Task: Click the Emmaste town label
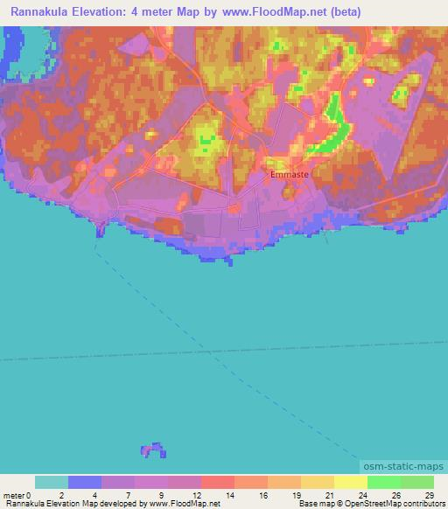click(x=288, y=174)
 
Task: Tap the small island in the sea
click(x=153, y=450)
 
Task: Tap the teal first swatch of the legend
click(x=52, y=482)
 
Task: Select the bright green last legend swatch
click(x=417, y=482)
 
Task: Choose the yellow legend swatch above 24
click(x=351, y=482)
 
